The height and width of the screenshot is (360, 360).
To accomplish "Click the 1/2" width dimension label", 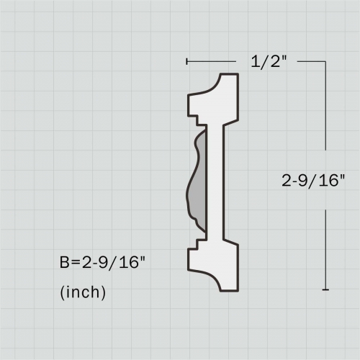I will coord(269,62).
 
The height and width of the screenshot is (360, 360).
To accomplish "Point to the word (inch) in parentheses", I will coord(83,292).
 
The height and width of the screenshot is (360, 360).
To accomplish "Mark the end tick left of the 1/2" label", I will coord(187,62).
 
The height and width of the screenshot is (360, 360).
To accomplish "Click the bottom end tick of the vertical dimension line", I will coord(326,289).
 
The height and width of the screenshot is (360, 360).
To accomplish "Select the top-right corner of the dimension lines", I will coord(326,62).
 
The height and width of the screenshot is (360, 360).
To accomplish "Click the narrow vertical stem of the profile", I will coord(216,180).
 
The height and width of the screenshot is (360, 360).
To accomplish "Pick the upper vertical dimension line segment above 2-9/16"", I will coord(326,115).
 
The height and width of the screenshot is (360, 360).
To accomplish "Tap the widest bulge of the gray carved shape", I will coord(192,189).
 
